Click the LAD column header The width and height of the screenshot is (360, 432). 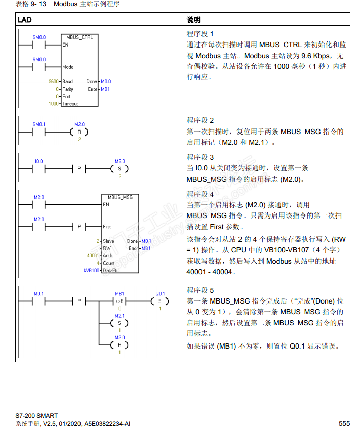25,20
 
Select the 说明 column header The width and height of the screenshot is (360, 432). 193,20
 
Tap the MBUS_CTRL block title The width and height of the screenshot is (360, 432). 79,37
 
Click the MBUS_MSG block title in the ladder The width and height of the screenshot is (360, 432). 120,197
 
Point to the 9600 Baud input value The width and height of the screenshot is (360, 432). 53,81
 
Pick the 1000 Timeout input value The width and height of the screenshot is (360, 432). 54,103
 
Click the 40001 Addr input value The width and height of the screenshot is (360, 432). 94,256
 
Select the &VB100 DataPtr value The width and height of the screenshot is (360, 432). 91,270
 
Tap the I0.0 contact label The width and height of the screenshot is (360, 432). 39,161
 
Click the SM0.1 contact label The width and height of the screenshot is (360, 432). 39,124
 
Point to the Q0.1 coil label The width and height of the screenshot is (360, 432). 160,293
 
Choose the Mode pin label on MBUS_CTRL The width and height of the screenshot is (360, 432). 68,67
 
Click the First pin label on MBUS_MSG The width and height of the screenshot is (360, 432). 107,227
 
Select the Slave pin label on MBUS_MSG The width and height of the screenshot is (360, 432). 108,241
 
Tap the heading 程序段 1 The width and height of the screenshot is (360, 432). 200,34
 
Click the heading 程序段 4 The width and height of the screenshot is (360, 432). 200,194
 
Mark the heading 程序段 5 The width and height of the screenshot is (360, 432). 200,290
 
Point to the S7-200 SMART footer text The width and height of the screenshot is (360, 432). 36,416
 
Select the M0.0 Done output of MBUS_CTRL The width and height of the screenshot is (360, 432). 106,81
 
